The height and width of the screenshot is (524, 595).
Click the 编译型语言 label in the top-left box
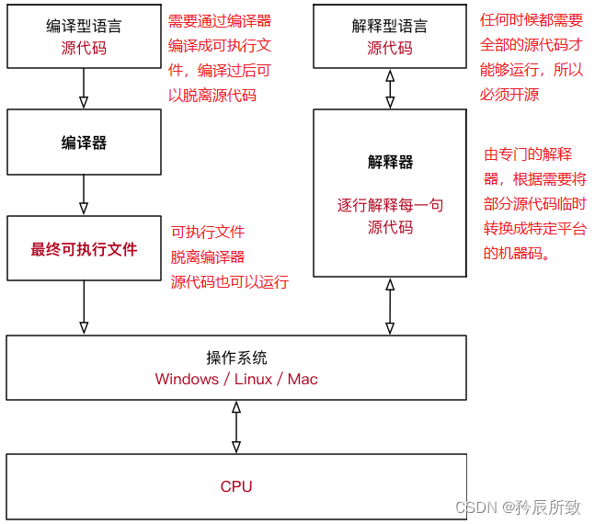point(84,27)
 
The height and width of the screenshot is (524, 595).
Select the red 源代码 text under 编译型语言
point(84,48)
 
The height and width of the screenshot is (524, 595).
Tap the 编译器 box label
point(84,142)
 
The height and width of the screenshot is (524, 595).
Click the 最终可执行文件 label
point(84,249)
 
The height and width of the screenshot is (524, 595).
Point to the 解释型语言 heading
point(390,27)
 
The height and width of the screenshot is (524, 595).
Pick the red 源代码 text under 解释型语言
point(390,48)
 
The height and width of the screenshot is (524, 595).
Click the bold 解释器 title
point(390,162)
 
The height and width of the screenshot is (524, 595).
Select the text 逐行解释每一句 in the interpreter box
point(390,205)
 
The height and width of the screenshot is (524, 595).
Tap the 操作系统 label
point(236,358)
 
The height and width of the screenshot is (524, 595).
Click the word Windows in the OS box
point(187,379)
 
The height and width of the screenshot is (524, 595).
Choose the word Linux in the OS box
point(253,379)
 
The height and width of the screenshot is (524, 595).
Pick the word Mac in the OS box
point(303,379)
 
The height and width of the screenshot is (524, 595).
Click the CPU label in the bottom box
point(236,486)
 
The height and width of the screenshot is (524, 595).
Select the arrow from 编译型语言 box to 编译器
point(84,88)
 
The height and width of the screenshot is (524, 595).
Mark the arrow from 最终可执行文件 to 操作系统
point(84,306)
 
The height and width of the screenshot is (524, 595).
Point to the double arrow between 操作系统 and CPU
point(236,427)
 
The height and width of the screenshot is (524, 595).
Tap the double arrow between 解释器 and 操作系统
point(390,306)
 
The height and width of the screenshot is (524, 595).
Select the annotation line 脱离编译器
point(208,257)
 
